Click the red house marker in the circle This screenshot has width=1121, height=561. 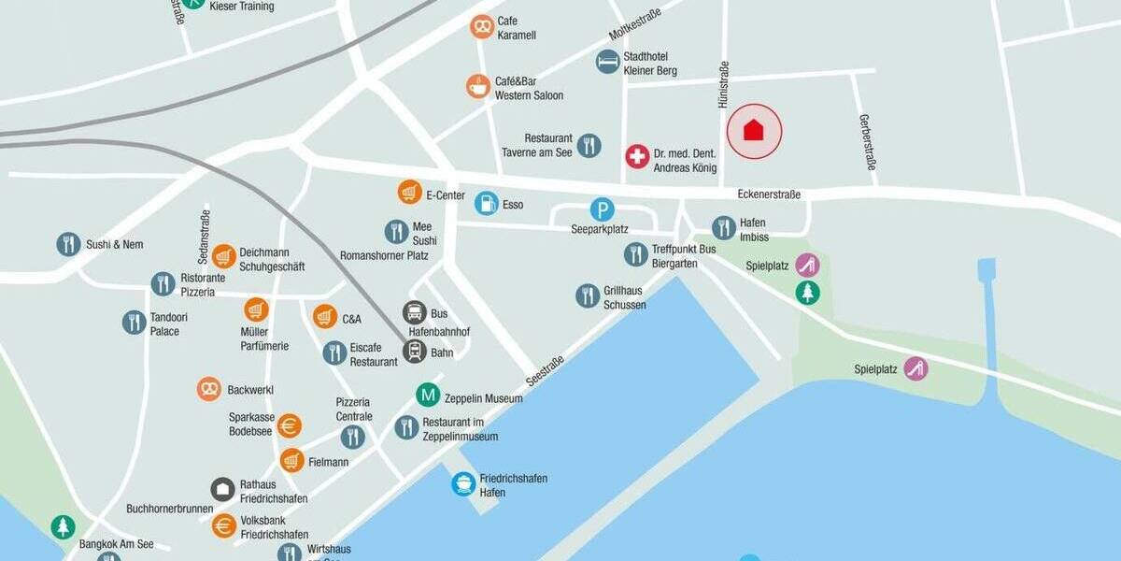tap(754, 130)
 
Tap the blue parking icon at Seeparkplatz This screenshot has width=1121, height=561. tap(603, 209)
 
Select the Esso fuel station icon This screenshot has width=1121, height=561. tap(486, 203)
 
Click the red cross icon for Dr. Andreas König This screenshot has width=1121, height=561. tap(637, 156)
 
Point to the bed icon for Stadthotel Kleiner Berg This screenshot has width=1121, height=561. tap(608, 62)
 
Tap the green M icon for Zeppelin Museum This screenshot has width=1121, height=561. tap(428, 395)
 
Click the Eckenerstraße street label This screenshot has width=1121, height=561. tap(769, 194)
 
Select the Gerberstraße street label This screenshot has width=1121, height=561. tap(868, 142)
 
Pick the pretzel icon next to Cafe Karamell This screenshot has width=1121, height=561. tap(482, 26)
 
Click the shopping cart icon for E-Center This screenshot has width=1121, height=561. tap(409, 192)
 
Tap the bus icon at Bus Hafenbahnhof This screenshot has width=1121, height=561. tap(415, 312)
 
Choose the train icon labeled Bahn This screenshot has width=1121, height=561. tap(415, 352)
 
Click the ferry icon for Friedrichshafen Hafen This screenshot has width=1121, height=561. tap(463, 484)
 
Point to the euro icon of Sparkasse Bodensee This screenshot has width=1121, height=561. tap(290, 425)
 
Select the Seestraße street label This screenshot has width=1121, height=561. tap(545, 371)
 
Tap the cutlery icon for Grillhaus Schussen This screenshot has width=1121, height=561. tap(588, 296)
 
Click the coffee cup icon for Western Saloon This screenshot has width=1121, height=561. tap(478, 86)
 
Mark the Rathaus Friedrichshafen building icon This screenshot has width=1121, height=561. tap(222, 489)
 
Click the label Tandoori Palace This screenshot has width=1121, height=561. tap(164, 324)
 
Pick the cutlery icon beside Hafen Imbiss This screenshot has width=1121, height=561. tap(724, 227)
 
